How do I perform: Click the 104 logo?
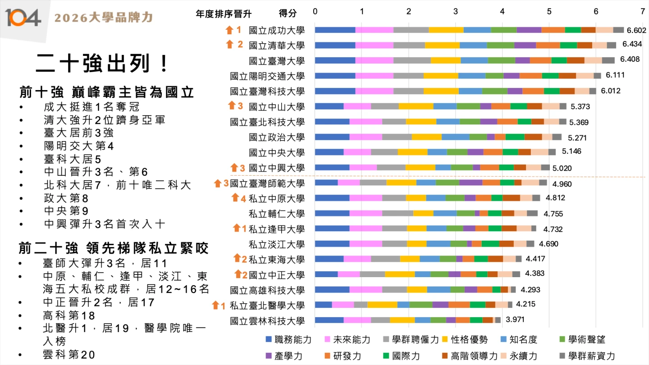pos(23,18)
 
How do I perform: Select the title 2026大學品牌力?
pos(104,18)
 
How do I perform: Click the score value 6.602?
pos(636,31)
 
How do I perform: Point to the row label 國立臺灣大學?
pos(277,61)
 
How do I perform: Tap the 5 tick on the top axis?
pos(549,11)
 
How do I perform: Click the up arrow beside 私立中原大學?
pos(235,198)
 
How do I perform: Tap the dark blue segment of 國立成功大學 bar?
pos(335,30)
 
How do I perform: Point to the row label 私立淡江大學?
pos(277,244)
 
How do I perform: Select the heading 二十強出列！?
pos(103,63)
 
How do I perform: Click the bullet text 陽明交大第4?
pos(79,146)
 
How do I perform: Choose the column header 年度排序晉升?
pos(224,14)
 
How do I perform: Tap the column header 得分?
pos(288,14)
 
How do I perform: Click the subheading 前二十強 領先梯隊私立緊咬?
pos(113,247)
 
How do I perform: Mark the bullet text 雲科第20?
pos(69,355)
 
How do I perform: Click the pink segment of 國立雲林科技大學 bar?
pos(357,320)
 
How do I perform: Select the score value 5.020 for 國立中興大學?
pos(562,168)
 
